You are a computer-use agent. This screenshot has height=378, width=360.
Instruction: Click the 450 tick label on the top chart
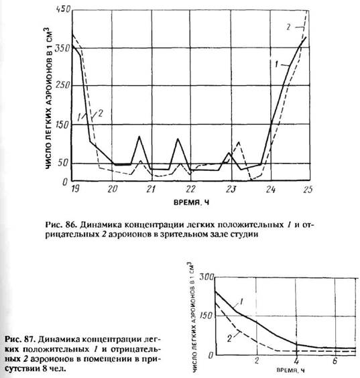[x=63, y=9]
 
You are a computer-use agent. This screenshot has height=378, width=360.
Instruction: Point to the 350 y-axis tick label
[x=62, y=48]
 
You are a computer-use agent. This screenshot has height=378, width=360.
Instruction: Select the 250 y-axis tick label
[x=63, y=85]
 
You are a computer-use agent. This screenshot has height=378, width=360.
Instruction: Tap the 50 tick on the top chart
[x=63, y=163]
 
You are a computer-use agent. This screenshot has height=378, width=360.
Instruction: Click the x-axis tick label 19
[x=75, y=189]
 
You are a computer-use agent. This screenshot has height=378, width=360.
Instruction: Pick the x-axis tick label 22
[x=190, y=189]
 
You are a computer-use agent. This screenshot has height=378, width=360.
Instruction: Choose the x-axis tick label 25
[x=308, y=190]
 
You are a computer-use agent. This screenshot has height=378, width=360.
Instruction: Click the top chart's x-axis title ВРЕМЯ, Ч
[x=191, y=202]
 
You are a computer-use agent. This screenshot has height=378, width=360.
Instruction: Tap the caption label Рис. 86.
[x=61, y=225]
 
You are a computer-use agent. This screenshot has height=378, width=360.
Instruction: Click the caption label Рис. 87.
[x=21, y=339]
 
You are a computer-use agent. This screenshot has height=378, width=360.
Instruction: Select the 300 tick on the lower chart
[x=206, y=277]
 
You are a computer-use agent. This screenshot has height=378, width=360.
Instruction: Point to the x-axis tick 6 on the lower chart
[x=335, y=361]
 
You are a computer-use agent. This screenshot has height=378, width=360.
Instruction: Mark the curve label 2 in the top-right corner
[x=289, y=27]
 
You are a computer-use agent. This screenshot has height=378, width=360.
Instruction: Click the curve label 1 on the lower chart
[x=242, y=302]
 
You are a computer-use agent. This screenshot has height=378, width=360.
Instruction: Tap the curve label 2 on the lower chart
[x=229, y=338]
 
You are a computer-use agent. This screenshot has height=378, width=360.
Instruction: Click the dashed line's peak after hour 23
[x=239, y=142]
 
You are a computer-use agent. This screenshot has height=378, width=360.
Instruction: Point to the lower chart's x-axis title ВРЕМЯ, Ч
[x=290, y=370]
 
